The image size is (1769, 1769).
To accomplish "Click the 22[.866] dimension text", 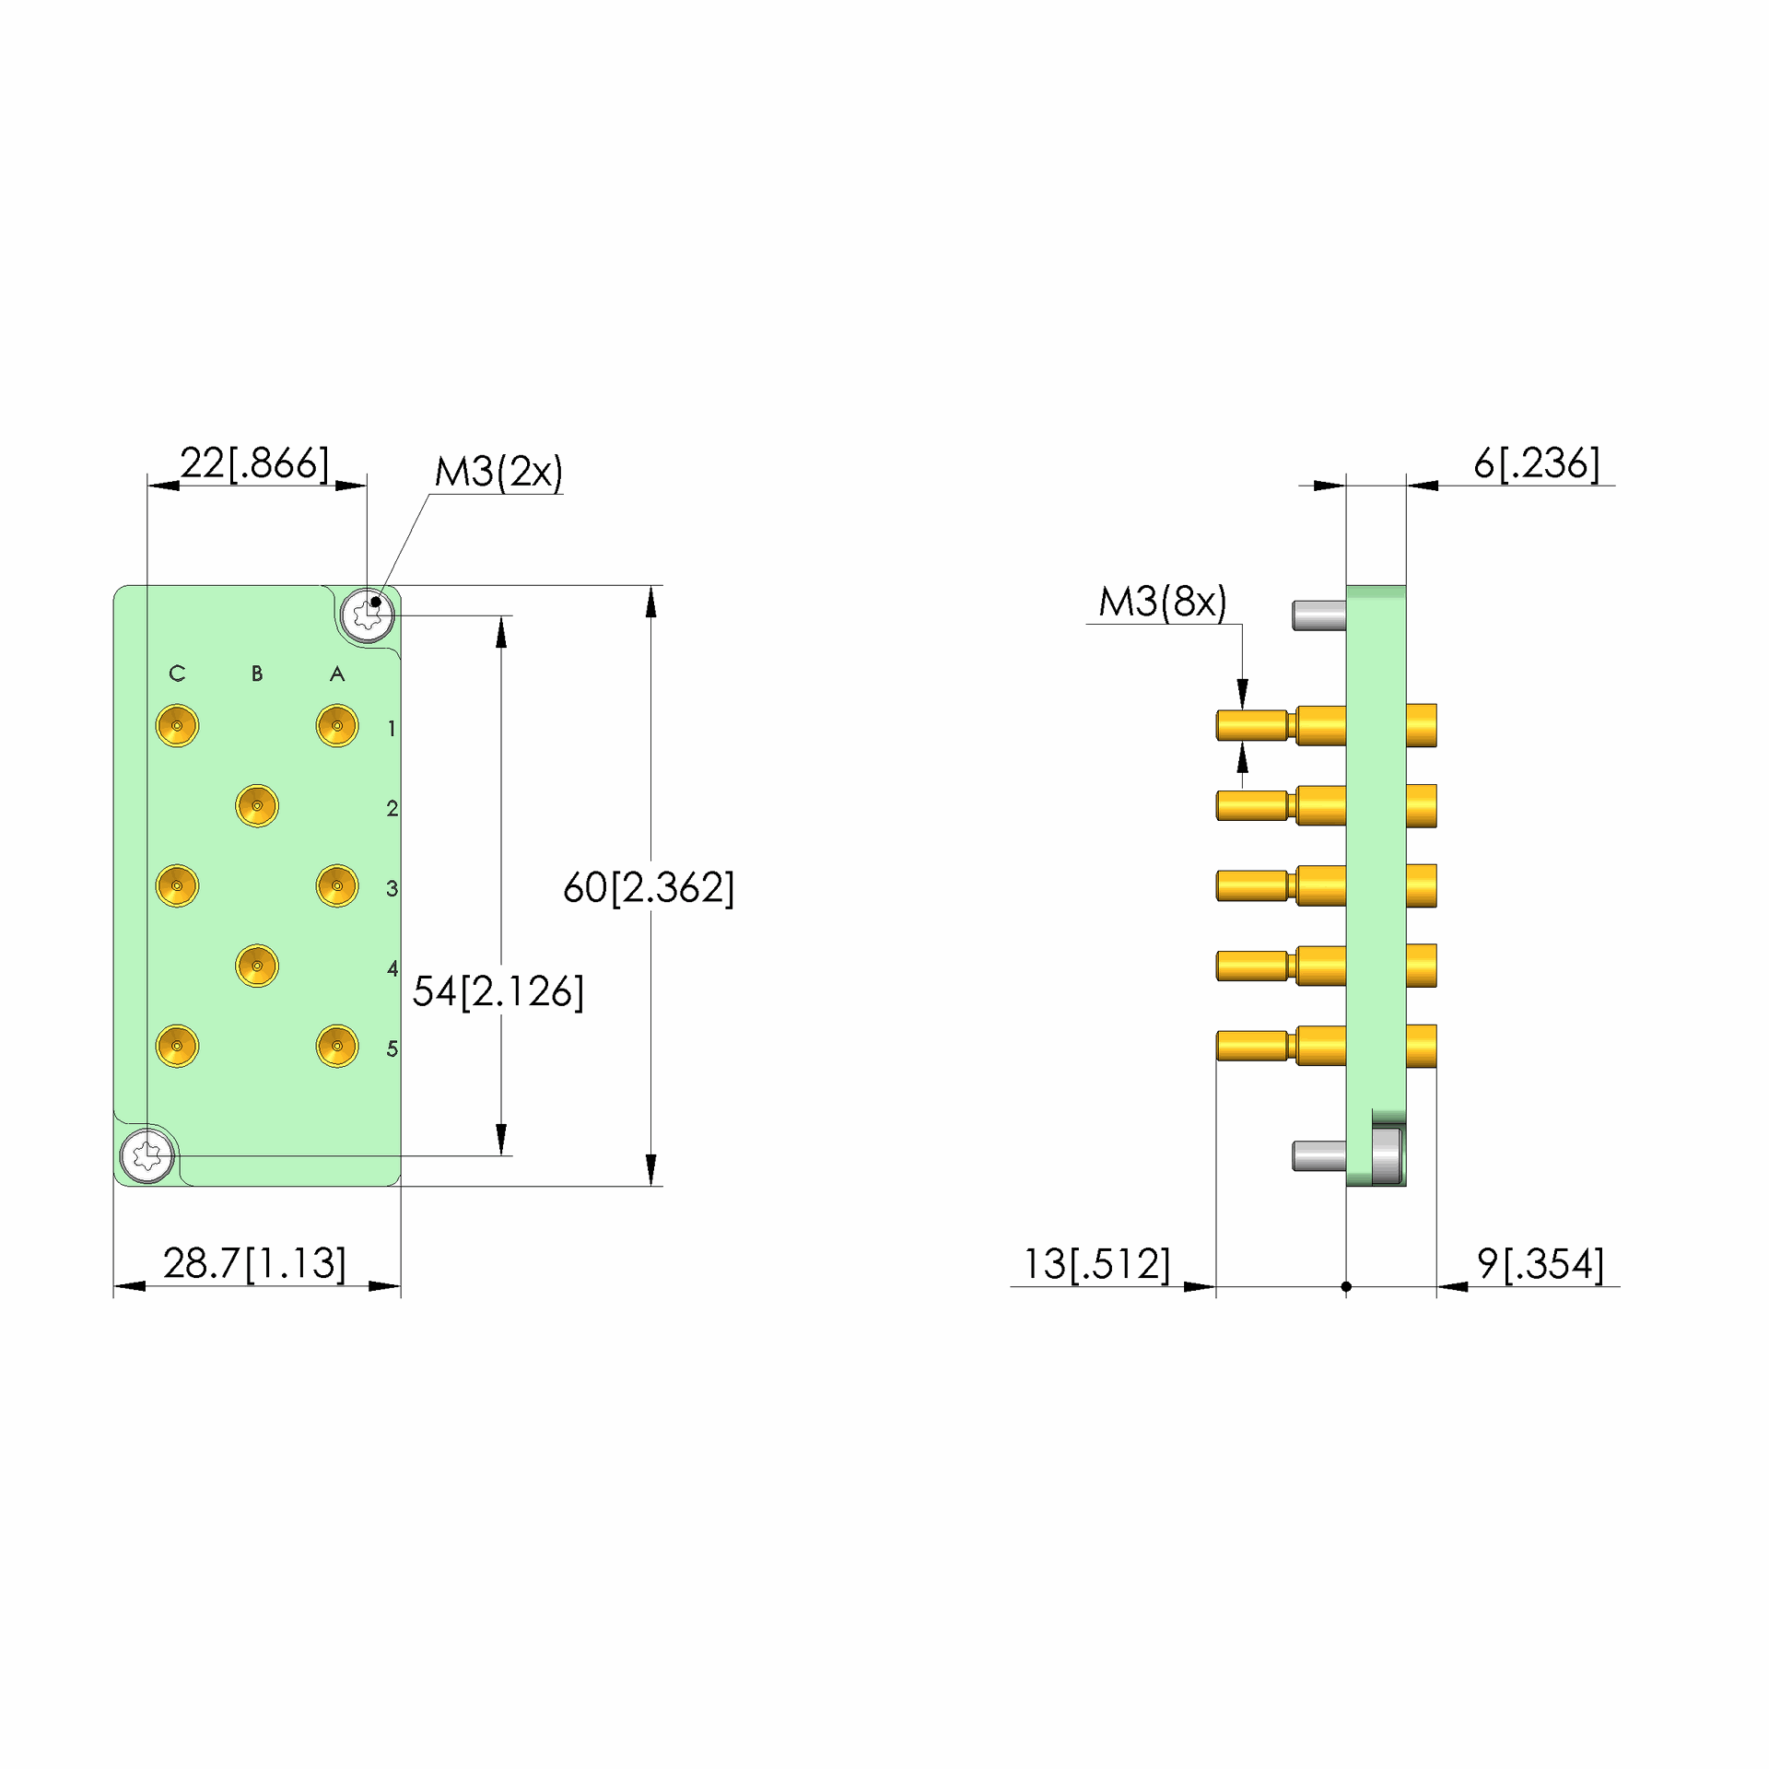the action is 254,463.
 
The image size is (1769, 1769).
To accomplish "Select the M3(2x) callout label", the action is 498,472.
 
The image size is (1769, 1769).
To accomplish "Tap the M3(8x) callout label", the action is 1163,602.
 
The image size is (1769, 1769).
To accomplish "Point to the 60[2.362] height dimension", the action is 649,887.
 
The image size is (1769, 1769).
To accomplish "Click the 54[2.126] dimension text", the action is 498,991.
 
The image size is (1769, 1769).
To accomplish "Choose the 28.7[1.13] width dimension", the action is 254,1263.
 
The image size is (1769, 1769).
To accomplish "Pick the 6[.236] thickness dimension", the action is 1537,463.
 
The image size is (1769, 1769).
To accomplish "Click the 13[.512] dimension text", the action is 1097,1264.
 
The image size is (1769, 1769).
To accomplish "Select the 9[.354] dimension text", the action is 1541,1264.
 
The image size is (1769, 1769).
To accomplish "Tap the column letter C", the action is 178,674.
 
